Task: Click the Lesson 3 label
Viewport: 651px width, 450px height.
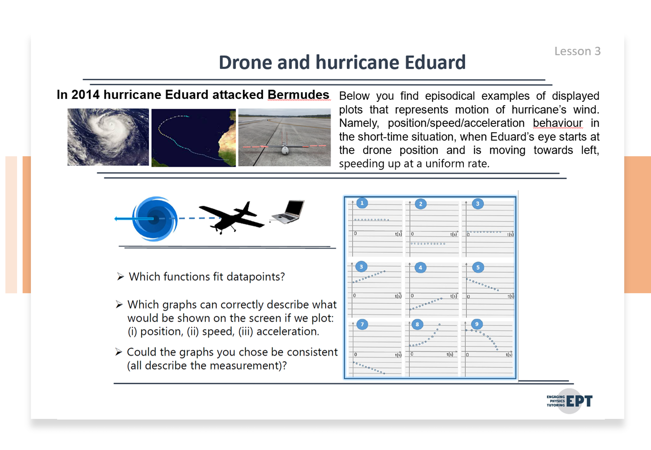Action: [577, 51]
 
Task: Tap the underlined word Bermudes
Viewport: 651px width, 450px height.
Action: [298, 95]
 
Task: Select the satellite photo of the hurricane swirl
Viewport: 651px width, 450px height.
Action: [108, 137]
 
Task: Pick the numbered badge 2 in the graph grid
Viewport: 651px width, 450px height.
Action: [421, 204]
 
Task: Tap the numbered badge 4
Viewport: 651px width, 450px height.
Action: [420, 268]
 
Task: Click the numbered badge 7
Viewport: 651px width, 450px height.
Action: [362, 324]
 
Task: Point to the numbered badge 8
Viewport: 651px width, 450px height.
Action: [417, 324]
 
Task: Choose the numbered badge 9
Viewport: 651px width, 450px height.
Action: [477, 324]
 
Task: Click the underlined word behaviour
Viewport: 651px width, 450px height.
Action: [558, 123]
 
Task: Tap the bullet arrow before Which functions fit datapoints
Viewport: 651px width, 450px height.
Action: [121, 277]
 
